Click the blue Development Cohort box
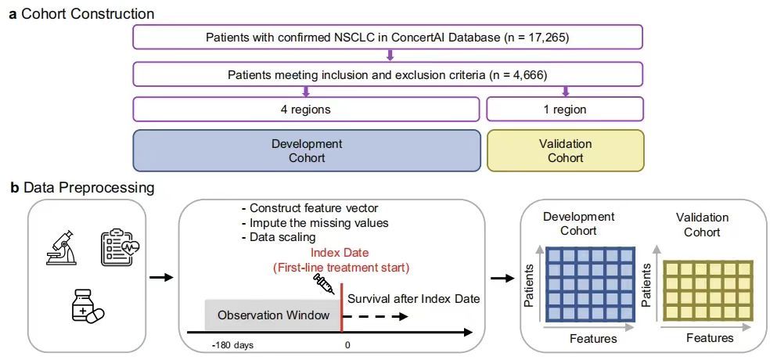click(306, 151)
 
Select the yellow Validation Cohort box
click(565, 151)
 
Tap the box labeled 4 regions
click(306, 110)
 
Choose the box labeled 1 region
click(565, 110)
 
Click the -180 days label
click(231, 345)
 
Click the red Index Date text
click(340, 253)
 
